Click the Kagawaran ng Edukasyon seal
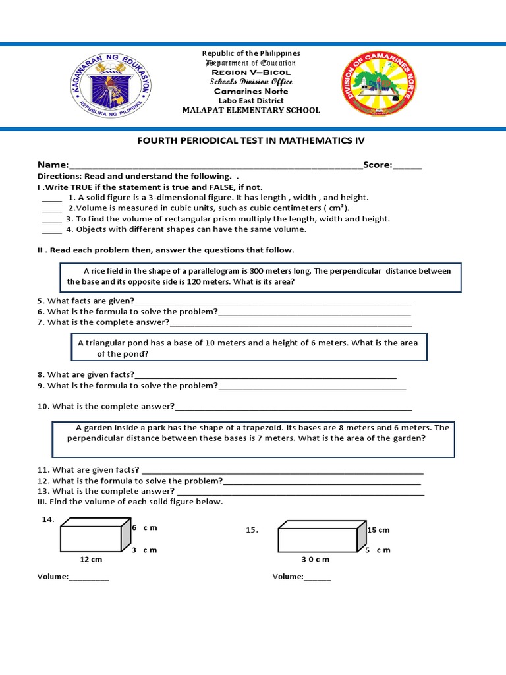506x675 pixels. (x=111, y=88)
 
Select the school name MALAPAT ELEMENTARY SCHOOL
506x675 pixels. (x=251, y=110)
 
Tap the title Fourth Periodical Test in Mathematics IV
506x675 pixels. (x=250, y=141)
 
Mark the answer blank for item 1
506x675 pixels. (x=51, y=198)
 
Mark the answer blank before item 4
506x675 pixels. (x=51, y=230)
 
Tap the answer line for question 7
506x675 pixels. (x=291, y=323)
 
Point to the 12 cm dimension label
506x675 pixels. (x=91, y=560)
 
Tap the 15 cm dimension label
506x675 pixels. (x=378, y=530)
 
